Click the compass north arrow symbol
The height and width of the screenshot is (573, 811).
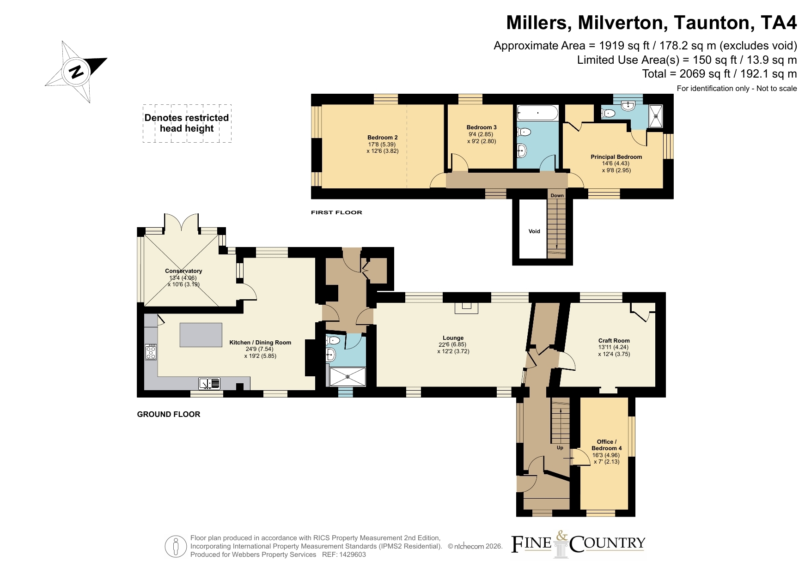(x=76, y=72)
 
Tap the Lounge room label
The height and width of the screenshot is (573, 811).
(x=453, y=338)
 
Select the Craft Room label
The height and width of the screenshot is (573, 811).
(x=614, y=341)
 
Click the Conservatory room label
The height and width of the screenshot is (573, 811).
(x=183, y=271)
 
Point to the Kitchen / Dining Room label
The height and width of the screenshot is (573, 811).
(x=260, y=343)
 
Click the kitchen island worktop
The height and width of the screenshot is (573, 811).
(x=201, y=335)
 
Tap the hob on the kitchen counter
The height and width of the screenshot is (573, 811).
(x=151, y=352)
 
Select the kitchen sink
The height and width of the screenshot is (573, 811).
(x=209, y=383)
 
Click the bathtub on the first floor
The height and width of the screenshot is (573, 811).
(x=537, y=113)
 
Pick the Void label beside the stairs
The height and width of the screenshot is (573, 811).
(x=534, y=231)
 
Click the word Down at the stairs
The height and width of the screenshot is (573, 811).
(x=557, y=195)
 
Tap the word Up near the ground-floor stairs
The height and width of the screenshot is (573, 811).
(x=560, y=447)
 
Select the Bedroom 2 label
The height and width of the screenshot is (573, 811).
(x=383, y=138)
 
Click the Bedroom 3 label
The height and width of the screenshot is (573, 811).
(x=482, y=127)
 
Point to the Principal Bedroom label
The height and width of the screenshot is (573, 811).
(x=616, y=157)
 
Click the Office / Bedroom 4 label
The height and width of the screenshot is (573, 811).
(x=607, y=445)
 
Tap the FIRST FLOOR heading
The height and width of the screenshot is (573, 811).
(x=336, y=212)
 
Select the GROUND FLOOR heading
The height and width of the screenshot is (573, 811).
(x=169, y=414)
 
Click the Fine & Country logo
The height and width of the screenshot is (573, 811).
(x=578, y=544)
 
